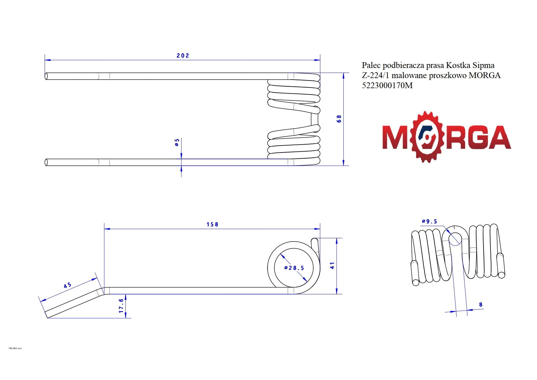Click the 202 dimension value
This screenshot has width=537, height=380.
click(183, 55)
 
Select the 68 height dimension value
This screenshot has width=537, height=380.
click(339, 119)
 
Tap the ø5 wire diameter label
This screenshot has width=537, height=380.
click(177, 142)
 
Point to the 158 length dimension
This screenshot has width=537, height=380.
click(212, 224)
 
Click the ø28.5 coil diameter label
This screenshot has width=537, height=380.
click(294, 268)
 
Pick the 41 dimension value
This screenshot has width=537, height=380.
click(332, 265)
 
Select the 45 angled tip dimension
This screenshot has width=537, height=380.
click(67, 285)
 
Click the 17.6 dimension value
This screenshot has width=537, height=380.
click(121, 306)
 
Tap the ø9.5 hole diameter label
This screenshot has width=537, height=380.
click(429, 221)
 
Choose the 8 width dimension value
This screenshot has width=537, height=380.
click(481, 304)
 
